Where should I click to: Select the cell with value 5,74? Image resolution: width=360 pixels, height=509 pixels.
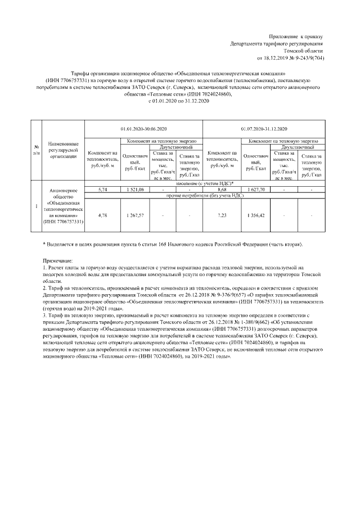click(102, 190)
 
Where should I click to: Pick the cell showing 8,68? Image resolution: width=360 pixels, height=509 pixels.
click(221, 190)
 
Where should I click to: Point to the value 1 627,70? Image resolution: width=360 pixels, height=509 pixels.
click(255, 190)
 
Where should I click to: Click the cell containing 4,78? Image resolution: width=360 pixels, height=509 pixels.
click(102, 215)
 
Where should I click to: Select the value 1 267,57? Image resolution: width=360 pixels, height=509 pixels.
click(135, 215)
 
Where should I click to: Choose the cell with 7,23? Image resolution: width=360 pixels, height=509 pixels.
click(221, 215)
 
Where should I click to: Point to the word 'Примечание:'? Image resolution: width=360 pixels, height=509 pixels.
click(58, 261)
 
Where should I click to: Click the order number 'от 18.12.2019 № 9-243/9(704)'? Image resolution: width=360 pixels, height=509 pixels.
click(290, 57)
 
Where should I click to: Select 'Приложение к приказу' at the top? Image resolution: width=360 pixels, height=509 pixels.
click(296, 36)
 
